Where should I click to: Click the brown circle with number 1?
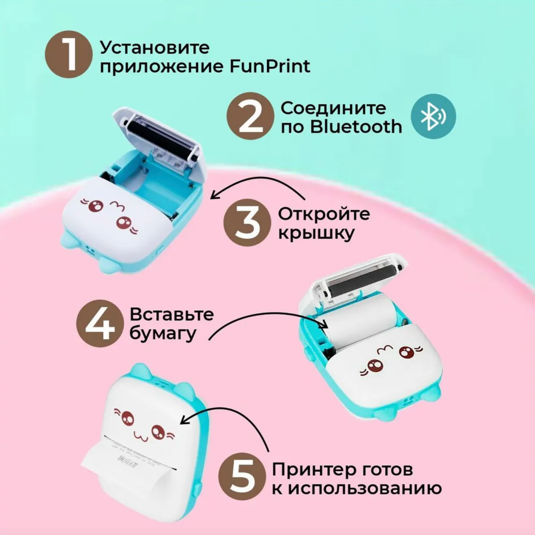66,54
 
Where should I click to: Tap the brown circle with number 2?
250,116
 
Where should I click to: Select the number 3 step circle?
247,223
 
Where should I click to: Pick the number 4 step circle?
100,324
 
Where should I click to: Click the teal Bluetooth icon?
433,116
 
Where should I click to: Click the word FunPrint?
270,66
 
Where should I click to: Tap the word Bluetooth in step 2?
356,127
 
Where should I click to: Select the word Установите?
155,48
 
